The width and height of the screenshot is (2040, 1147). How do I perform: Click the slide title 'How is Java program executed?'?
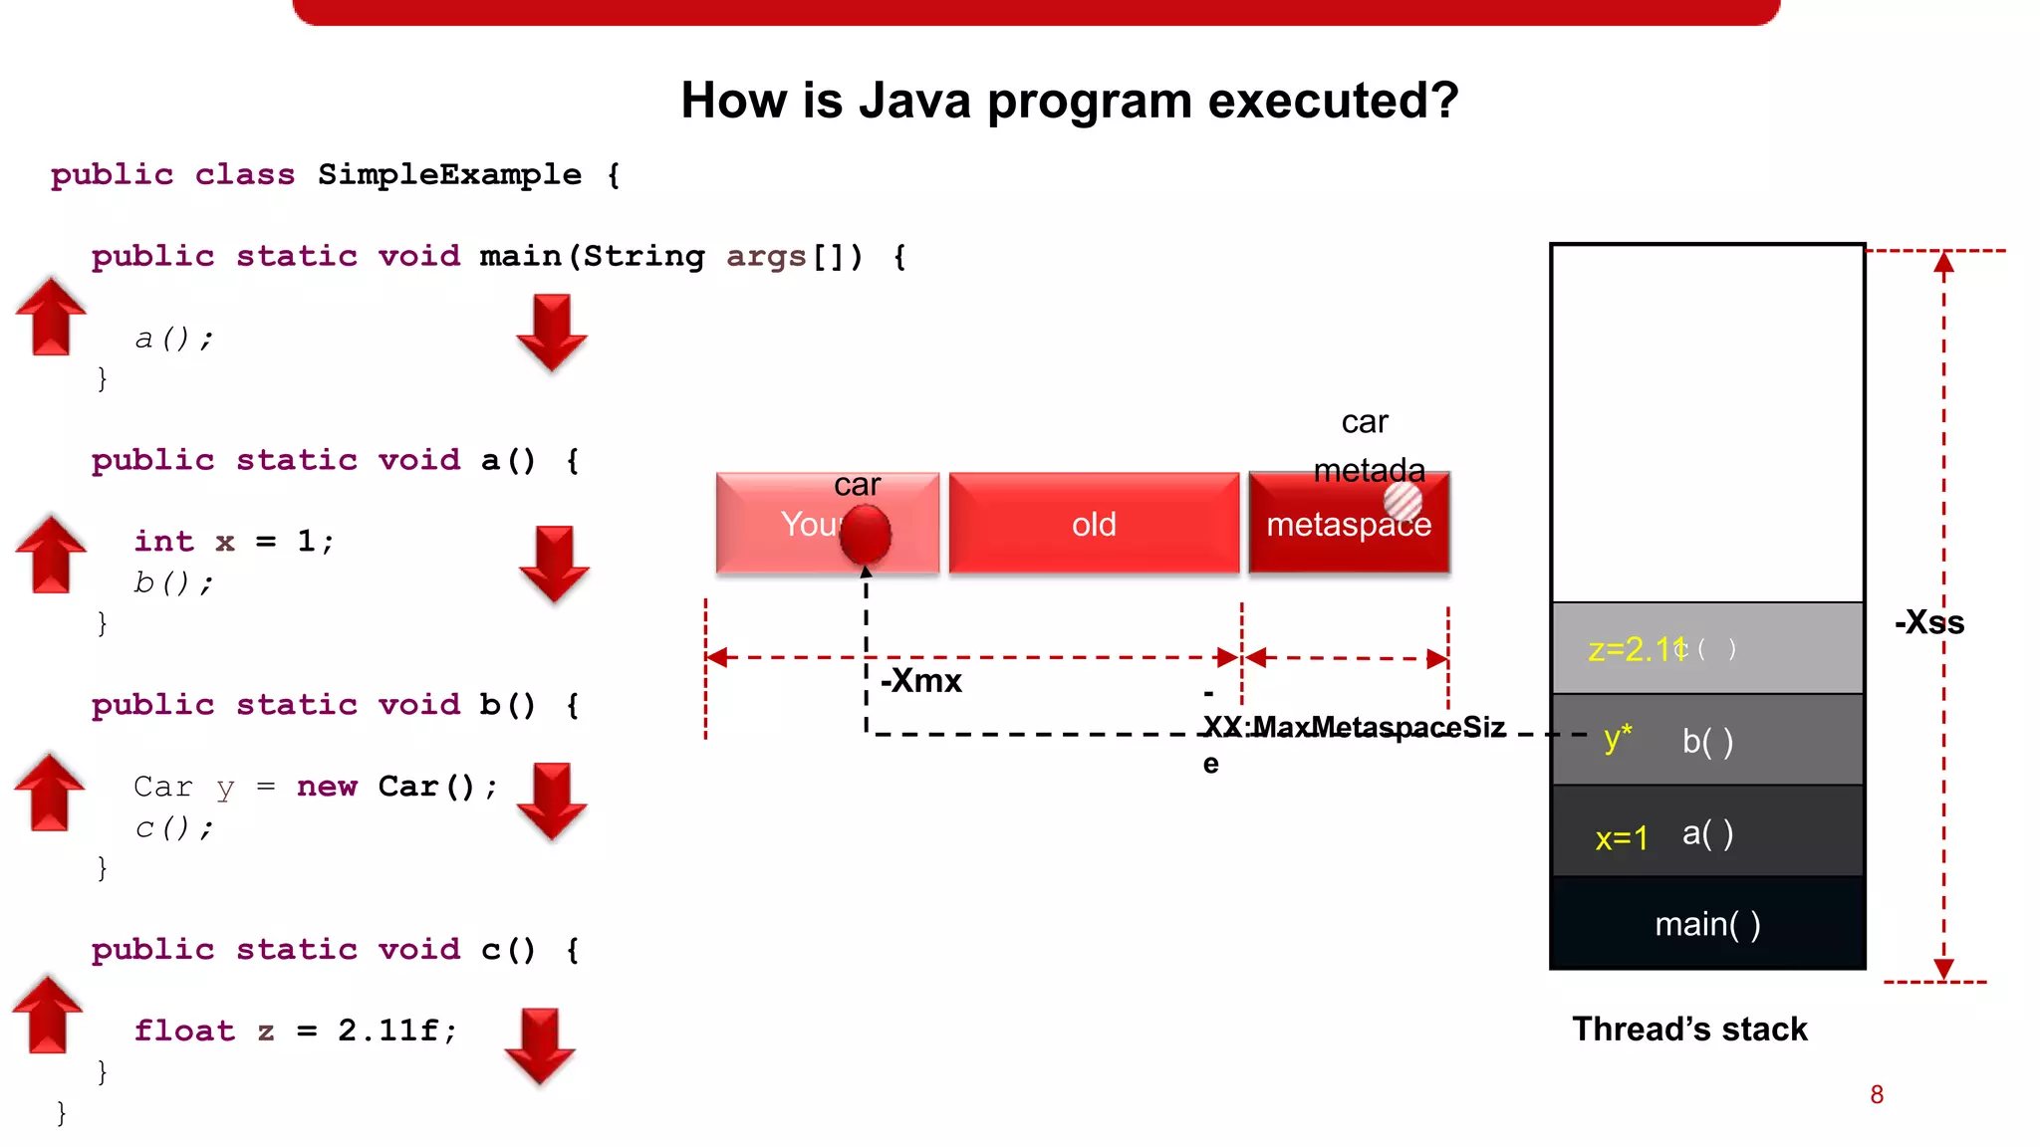[1069, 101]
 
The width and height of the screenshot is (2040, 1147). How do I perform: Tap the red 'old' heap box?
[1094, 524]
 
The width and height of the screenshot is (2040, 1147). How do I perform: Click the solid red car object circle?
[865, 535]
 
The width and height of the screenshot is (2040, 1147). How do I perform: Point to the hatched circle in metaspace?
[1402, 501]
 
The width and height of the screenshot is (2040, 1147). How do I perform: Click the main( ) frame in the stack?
[1706, 924]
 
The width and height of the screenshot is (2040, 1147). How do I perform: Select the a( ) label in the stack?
[1707, 832]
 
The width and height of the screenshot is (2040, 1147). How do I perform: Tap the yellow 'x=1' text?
[1621, 838]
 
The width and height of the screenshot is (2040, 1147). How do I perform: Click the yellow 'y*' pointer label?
[1618, 739]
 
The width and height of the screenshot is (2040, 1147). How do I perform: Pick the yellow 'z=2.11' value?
[1635, 649]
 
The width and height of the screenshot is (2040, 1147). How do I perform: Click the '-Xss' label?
[1928, 623]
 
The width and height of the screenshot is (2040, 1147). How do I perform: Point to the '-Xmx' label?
[921, 681]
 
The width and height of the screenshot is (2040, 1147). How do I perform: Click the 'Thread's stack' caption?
[1689, 1029]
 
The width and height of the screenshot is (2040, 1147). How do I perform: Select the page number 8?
[1877, 1094]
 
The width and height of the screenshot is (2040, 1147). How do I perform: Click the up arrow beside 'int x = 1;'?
[51, 555]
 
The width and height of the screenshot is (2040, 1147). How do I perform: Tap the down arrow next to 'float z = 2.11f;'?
[540, 1045]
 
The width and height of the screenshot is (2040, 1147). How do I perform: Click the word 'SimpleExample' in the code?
[449, 174]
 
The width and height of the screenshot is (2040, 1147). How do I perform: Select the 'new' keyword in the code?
[327, 786]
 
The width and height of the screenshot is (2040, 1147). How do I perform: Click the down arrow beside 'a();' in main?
[551, 333]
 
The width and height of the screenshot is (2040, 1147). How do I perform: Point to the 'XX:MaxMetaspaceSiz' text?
[1353, 727]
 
